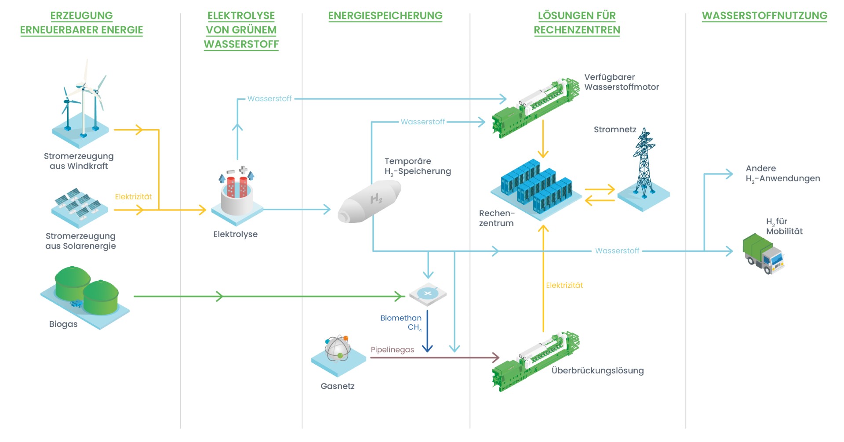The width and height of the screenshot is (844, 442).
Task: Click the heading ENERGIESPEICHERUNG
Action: coord(385,16)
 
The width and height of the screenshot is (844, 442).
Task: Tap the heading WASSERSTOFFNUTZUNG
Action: coord(764,16)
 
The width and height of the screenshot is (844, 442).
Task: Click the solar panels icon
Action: coord(80,207)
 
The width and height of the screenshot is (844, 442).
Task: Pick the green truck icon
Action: coord(763,254)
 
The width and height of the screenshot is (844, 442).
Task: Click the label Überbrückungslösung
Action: coord(597,370)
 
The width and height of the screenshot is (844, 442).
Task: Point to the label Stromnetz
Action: coord(615,130)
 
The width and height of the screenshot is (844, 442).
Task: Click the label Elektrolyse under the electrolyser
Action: coord(235,234)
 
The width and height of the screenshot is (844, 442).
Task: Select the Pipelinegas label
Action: coord(392,350)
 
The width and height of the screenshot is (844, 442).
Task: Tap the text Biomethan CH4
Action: coord(401,322)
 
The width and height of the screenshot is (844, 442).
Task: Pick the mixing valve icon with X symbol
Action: coord(428,293)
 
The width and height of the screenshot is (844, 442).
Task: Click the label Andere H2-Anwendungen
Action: coord(782,174)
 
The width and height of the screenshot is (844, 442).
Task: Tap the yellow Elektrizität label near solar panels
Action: coord(133,197)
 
